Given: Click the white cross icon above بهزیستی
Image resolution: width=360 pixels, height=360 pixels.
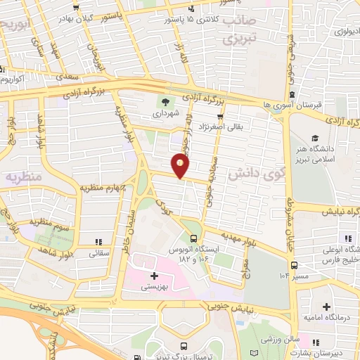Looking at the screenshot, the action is click(x=154, y=276).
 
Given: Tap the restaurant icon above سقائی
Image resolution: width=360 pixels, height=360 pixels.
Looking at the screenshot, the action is click(x=97, y=240).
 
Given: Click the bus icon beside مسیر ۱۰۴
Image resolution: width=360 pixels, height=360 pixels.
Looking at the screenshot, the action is click(x=294, y=265).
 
